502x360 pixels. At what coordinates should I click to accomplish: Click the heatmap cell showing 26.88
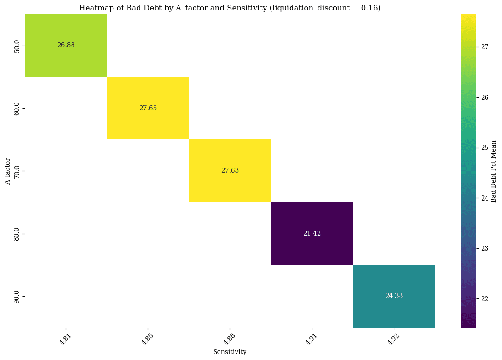(x=66, y=46)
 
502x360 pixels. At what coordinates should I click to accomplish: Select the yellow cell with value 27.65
(x=148, y=108)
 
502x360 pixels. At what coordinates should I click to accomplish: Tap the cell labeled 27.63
(x=230, y=170)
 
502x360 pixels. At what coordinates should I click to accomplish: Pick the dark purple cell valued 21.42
(x=312, y=233)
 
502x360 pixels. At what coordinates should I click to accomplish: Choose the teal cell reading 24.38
(x=394, y=296)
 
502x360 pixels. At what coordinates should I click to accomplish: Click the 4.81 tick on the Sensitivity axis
(x=66, y=337)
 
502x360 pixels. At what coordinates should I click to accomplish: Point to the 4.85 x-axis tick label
(x=148, y=337)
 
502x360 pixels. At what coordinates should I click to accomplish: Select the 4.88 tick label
(x=230, y=337)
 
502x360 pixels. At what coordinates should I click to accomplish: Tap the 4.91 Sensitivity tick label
(x=312, y=337)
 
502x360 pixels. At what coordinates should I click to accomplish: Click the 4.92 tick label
(x=394, y=337)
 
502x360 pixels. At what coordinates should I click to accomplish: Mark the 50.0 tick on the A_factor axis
(x=16, y=46)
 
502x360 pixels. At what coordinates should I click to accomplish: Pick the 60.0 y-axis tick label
(x=16, y=108)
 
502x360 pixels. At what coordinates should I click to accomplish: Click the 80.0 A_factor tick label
(x=16, y=233)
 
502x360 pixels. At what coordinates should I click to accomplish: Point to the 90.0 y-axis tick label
(x=16, y=296)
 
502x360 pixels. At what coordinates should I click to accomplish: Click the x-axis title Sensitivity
(x=230, y=352)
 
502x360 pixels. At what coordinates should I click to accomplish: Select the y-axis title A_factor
(x=7, y=171)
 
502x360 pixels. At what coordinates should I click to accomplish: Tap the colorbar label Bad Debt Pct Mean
(x=494, y=171)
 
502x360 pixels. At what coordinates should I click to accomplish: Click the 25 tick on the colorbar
(x=484, y=148)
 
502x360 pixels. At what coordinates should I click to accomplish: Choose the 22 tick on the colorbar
(x=484, y=298)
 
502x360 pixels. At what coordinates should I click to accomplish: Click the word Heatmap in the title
(x=94, y=8)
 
